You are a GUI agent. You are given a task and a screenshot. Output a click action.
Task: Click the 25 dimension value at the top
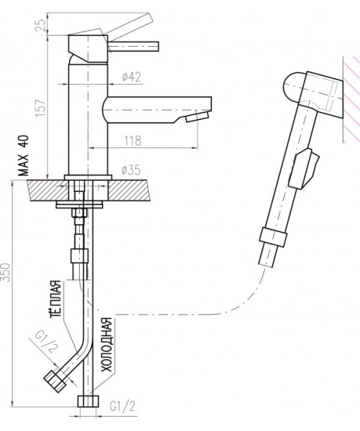[41, 25]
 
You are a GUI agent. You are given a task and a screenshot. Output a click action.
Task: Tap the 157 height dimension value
[41, 107]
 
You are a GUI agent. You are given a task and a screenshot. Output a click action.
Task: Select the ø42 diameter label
[131, 77]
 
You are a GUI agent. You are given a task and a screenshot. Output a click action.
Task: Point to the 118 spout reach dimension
[133, 141]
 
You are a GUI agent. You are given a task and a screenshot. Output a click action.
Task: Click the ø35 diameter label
[131, 170]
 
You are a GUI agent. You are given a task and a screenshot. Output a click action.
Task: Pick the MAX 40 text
[24, 156]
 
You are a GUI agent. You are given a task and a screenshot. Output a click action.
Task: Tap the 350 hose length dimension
[6, 272]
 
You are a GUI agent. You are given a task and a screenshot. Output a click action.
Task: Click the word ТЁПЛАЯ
[55, 299]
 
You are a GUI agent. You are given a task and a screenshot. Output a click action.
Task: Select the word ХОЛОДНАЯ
[106, 345]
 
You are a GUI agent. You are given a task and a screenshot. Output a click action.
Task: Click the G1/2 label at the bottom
[123, 407]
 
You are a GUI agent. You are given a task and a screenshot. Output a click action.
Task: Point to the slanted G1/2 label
[47, 342]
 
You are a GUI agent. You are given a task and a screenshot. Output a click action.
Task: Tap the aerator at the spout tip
[197, 116]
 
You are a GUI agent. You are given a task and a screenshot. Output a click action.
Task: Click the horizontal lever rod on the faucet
[134, 47]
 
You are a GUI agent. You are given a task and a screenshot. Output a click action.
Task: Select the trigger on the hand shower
[303, 169]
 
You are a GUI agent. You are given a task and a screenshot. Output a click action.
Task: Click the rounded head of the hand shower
[294, 88]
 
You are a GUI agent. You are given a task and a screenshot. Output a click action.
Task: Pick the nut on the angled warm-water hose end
[55, 381]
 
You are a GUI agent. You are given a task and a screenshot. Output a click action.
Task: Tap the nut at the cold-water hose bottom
[88, 402]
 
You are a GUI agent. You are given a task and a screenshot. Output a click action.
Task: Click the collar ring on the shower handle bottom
[273, 237]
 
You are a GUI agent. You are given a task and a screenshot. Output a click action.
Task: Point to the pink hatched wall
[351, 100]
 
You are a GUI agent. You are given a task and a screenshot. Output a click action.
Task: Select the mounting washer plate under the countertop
[79, 205]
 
